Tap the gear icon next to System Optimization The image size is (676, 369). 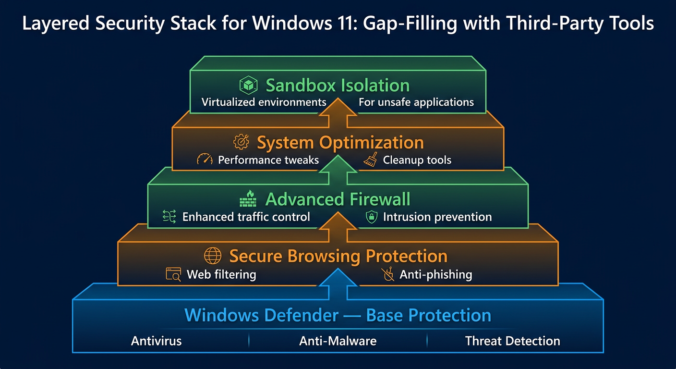tap(241, 142)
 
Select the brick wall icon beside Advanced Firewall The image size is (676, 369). tap(248, 198)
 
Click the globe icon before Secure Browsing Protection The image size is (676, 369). tap(213, 255)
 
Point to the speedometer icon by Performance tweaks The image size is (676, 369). tap(205, 160)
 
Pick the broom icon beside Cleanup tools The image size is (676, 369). tap(370, 160)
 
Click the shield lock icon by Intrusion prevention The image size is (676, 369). tap(371, 217)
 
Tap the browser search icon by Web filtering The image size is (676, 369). tap(173, 274)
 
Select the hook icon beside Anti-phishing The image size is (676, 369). tap(387, 274)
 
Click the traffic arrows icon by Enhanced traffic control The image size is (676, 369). tap(169, 217)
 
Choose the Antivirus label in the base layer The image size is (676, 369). tap(157, 341)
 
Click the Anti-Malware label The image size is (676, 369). tap(338, 341)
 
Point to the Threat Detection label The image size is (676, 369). tap(512, 341)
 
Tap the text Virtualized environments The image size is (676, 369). tap(264, 102)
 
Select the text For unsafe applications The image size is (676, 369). tap(416, 102)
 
